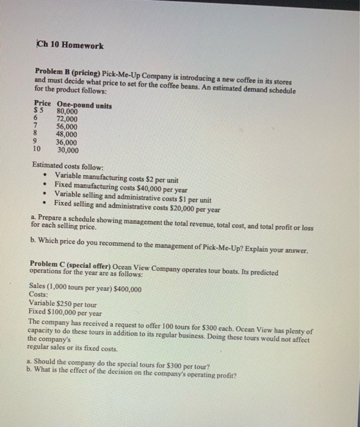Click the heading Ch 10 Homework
[x=70, y=46]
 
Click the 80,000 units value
[x=67, y=112]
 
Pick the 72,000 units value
[x=67, y=120]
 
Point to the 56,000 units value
[x=67, y=127]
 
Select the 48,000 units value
[x=67, y=134]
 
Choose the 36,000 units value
[x=67, y=142]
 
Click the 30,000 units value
[x=67, y=149]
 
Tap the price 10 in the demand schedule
[x=37, y=149]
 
